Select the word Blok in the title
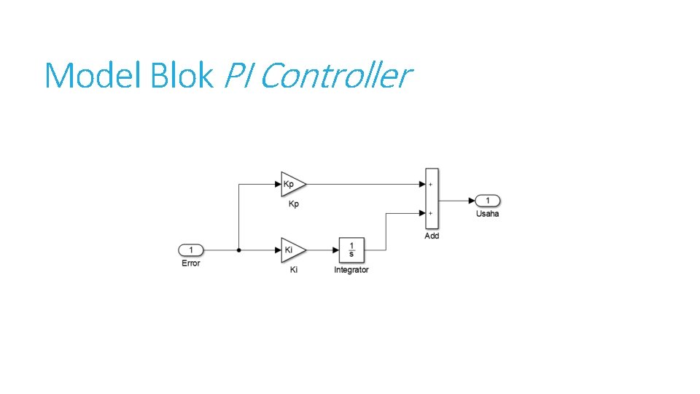click(181, 75)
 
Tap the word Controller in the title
click(335, 75)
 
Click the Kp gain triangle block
click(292, 185)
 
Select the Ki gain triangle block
click(292, 250)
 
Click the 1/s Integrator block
click(351, 250)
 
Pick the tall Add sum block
click(431, 199)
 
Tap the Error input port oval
click(191, 250)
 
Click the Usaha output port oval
click(489, 201)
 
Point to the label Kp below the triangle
click(293, 204)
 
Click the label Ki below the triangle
click(293, 270)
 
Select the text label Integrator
click(351, 270)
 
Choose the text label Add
click(432, 236)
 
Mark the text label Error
click(191, 263)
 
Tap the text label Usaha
click(488, 214)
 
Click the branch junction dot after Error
click(239, 250)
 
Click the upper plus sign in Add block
click(430, 185)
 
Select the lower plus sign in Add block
click(430, 213)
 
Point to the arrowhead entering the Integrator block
click(335, 250)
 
